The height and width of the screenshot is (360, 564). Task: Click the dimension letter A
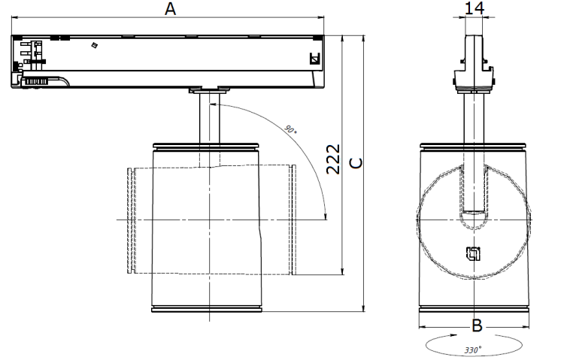170,9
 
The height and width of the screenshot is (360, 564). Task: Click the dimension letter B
477,325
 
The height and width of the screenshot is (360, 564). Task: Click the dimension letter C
356,163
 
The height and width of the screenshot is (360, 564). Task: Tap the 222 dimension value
333,159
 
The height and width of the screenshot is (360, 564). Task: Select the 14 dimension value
475,8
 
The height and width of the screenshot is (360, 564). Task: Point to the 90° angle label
290,129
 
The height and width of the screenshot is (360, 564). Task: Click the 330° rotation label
473,350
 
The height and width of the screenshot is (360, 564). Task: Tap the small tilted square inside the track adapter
95,45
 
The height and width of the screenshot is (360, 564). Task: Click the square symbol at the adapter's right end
315,59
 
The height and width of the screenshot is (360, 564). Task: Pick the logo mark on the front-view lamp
473,253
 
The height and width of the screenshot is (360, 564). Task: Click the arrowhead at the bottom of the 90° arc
326,216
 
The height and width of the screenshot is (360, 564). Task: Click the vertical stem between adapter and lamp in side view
210,118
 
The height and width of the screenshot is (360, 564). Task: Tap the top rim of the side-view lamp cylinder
206,147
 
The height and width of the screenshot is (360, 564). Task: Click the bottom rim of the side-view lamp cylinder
207,309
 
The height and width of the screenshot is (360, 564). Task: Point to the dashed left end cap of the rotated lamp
131,220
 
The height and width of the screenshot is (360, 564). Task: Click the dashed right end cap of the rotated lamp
293,219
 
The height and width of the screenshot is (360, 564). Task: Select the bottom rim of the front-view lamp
474,310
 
